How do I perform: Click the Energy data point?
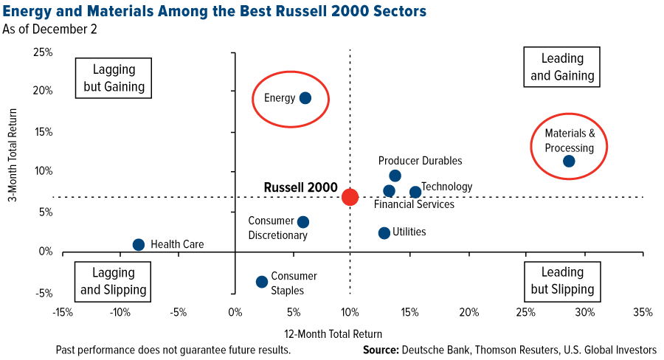(305, 98)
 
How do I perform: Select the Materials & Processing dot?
(569, 161)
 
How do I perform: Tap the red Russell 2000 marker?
(350, 197)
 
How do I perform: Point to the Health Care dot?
(139, 245)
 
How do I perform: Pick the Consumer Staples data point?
(261, 282)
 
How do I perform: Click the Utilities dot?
(384, 233)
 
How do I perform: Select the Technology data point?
(415, 192)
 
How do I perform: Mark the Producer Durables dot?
(395, 176)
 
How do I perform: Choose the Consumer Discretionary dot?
(302, 222)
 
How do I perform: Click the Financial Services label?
(414, 204)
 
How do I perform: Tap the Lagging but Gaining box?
(114, 77)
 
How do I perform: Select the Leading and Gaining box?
(562, 67)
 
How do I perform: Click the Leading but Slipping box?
(562, 280)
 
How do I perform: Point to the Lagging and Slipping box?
(114, 280)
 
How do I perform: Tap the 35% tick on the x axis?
(643, 313)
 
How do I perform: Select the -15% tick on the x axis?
(63, 313)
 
